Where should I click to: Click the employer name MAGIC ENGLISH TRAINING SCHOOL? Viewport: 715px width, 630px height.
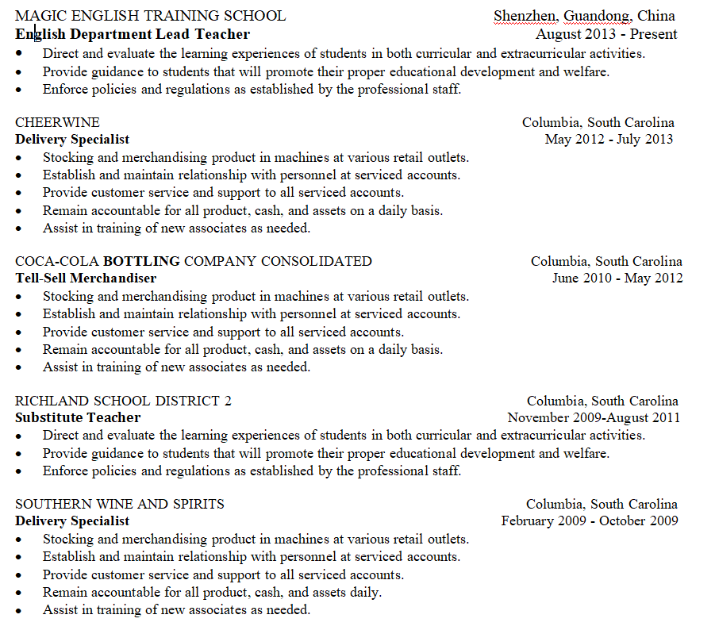click(x=151, y=16)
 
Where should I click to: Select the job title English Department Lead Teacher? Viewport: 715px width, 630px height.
click(x=133, y=34)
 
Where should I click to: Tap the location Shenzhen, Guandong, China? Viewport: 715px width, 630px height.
click(x=584, y=16)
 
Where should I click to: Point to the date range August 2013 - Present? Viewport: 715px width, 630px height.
click(x=606, y=34)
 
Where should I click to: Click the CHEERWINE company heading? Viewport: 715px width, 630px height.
click(x=58, y=122)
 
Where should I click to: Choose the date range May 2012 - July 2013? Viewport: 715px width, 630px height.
click(x=609, y=140)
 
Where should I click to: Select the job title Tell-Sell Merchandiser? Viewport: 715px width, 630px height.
click(x=86, y=279)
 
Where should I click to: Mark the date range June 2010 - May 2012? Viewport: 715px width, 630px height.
click(x=617, y=279)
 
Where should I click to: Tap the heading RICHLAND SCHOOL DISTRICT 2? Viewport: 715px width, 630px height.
click(x=124, y=401)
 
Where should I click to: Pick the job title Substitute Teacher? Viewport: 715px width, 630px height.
click(x=78, y=418)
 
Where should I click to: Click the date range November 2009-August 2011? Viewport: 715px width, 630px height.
click(x=594, y=418)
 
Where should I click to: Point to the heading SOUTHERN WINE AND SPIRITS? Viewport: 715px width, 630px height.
click(x=120, y=504)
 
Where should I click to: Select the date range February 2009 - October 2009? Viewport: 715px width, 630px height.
click(x=590, y=521)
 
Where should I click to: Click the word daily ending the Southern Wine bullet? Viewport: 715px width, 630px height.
click(x=364, y=592)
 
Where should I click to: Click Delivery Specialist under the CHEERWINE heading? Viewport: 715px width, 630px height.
click(x=72, y=140)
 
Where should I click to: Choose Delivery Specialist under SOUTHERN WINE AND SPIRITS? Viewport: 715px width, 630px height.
click(x=72, y=521)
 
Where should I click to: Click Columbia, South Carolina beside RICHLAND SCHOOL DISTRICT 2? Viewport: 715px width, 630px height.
click(x=602, y=401)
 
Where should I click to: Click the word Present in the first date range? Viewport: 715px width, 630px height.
click(x=654, y=34)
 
